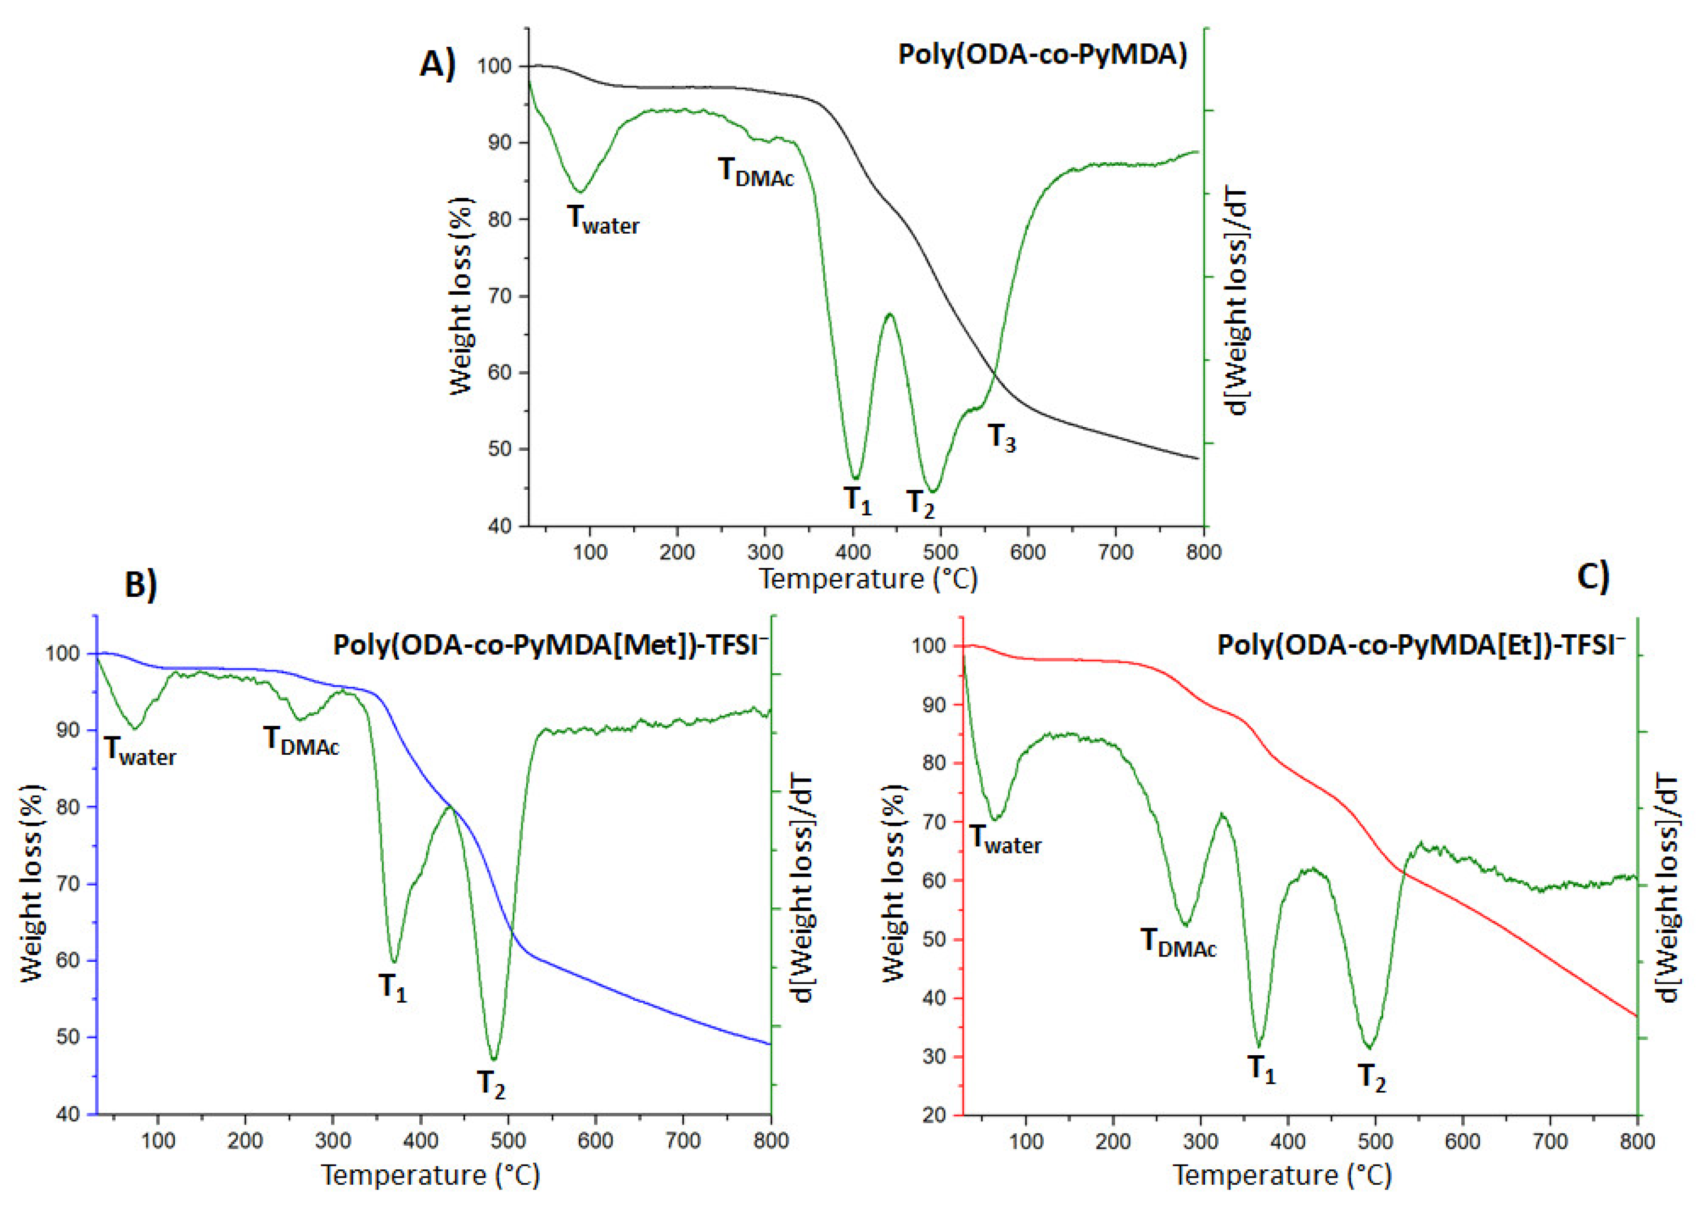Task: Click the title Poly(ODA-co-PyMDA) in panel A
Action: [1042, 55]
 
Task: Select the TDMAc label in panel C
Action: [1178, 942]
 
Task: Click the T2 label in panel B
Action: [492, 1084]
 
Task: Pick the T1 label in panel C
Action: [1261, 1068]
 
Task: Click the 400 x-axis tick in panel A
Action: [853, 552]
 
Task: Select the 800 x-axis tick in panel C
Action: [1637, 1141]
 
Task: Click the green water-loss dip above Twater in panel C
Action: [996, 819]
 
